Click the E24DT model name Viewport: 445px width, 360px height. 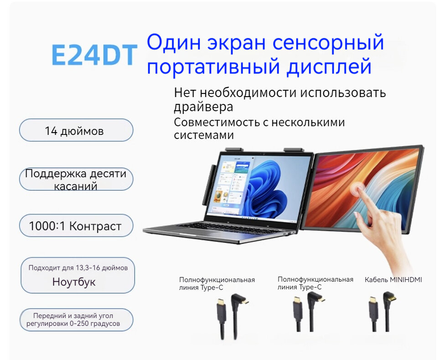pyautogui.click(x=94, y=55)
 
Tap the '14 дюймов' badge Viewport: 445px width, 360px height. pyautogui.click(x=76, y=131)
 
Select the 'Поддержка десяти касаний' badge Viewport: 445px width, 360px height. pyautogui.click(x=76, y=180)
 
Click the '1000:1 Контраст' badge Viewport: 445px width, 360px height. pyautogui.click(x=76, y=226)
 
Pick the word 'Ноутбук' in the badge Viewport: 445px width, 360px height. pyautogui.click(x=74, y=282)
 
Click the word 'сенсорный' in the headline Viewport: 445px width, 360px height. pyautogui.click(x=327, y=43)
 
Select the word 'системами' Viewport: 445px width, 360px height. pyautogui.click(x=203, y=135)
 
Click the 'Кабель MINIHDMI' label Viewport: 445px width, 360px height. pyautogui.click(x=393, y=279)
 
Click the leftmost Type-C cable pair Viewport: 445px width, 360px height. pyautogui.click(x=231, y=314)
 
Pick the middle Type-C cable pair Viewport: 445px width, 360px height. pyautogui.click(x=308, y=313)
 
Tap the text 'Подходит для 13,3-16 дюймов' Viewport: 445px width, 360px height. pyautogui.click(x=78, y=268)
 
